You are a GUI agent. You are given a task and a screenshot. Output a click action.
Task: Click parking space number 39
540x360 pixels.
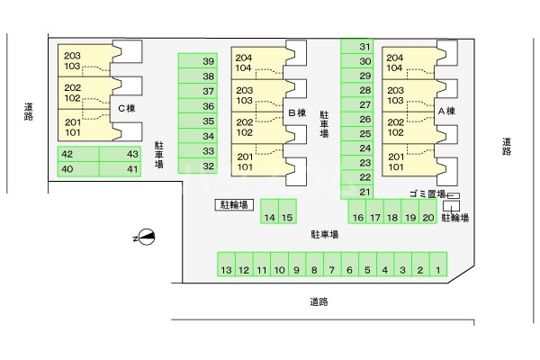198,60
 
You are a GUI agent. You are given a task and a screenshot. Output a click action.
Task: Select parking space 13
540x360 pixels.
226,265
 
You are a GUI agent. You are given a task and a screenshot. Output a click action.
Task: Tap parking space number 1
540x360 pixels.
438,265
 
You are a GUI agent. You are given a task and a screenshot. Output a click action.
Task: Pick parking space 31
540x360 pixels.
357,46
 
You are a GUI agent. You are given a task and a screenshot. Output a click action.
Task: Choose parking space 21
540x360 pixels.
357,192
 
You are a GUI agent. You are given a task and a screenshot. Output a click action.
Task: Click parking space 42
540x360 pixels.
78,154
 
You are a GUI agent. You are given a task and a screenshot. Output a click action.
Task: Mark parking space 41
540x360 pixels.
120,169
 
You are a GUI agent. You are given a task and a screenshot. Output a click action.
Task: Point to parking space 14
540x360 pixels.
269,211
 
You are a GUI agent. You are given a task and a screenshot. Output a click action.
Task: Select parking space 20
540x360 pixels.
428,211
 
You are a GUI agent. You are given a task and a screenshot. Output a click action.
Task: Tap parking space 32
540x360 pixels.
198,166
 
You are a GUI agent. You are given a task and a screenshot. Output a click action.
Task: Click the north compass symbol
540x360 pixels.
145,237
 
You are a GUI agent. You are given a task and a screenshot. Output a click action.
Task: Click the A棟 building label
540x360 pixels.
446,112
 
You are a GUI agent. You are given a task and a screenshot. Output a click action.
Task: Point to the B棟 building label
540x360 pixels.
297,112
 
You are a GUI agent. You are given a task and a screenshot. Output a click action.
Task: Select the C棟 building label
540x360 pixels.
127,109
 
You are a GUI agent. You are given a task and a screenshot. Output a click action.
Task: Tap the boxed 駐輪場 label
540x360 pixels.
234,204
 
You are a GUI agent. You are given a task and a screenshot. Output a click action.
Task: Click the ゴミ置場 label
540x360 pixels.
427,194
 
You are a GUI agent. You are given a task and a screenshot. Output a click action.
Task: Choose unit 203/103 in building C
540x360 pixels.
85,60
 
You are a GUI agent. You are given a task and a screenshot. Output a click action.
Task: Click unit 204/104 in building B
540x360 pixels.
258,63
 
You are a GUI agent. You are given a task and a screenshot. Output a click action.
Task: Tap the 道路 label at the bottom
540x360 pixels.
319,302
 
